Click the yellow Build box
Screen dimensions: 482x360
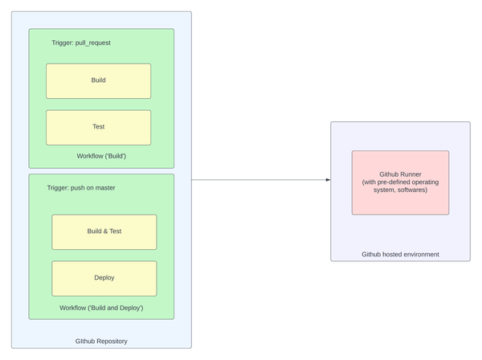[x=98, y=81]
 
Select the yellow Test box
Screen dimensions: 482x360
[x=98, y=128]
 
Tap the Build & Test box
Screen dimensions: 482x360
[x=104, y=232]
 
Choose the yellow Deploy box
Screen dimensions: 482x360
[x=104, y=279]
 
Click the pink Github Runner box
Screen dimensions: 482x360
[x=400, y=182]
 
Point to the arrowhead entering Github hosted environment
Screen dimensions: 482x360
[x=329, y=180]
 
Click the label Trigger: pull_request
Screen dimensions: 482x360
[x=81, y=43]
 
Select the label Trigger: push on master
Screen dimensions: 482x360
[x=81, y=188]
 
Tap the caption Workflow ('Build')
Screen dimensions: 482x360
[x=101, y=156]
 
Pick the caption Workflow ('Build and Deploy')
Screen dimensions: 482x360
[x=101, y=308]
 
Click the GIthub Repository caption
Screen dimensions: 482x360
[x=101, y=342]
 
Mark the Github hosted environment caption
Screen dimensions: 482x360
[x=400, y=254]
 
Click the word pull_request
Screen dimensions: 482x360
[x=93, y=43]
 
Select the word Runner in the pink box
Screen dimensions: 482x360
[x=411, y=174]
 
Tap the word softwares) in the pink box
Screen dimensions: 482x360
[x=412, y=190]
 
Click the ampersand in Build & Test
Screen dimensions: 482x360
[x=105, y=231]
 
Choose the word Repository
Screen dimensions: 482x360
[x=112, y=342]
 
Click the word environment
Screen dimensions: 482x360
[x=421, y=254]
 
